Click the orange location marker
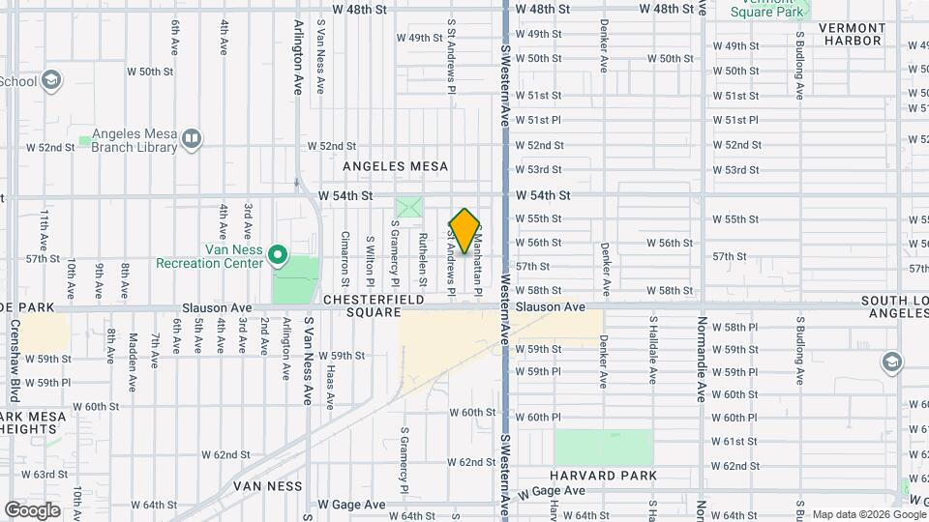point(465,230)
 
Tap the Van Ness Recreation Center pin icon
point(278,255)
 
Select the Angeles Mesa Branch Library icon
point(192,139)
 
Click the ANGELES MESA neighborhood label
point(404,166)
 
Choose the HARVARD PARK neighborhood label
point(603,476)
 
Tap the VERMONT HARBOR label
point(851,34)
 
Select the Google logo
point(33,509)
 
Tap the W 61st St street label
point(734,442)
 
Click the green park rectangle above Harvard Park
point(603,448)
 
